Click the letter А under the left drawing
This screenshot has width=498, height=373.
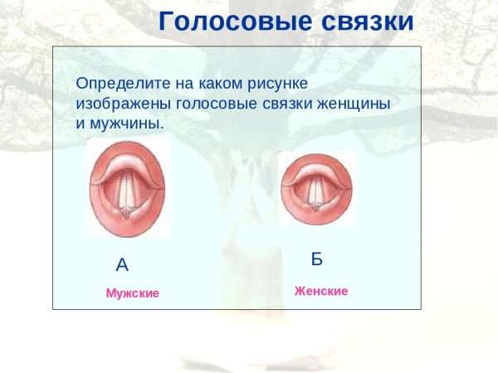point(122,265)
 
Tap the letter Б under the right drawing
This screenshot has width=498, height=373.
point(316,259)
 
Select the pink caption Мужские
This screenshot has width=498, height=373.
point(132,293)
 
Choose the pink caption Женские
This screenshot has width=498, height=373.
point(321,292)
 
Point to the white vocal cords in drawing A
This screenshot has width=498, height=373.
point(127,191)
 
